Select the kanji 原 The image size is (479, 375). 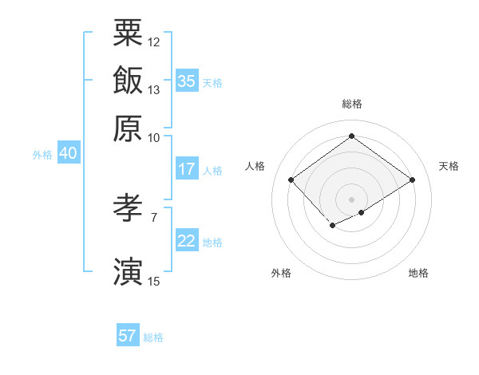pos(128,128)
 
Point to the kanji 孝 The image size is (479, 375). pos(128,210)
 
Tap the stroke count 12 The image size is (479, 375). pos(154,41)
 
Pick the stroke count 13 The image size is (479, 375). pos(154,89)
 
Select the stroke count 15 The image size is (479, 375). pos(154,281)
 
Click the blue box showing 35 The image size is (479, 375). pos(187,81)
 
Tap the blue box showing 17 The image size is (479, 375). pos(187,169)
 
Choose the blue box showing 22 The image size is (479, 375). pos(187,241)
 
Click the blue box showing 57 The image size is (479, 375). pos(128,336)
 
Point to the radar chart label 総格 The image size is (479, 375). pos(352,104)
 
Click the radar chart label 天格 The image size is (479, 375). pos(449,166)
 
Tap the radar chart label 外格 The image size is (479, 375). pos(281,273)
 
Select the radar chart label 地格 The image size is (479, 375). pos(418,273)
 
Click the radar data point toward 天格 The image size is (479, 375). pos(413,180)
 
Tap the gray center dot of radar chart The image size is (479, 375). pos(352,199)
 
